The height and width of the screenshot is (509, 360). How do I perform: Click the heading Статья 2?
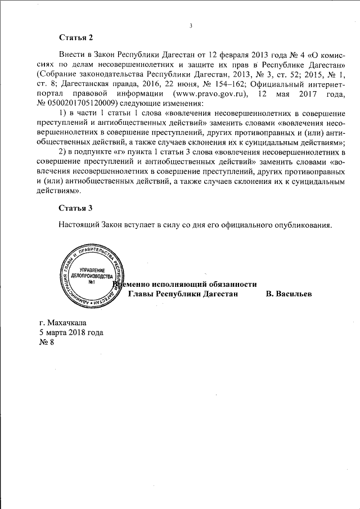[x=75, y=38]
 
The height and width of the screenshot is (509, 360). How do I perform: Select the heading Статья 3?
[x=75, y=208]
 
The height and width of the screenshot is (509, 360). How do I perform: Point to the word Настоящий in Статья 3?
[x=79, y=224]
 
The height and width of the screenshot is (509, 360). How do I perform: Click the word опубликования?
[x=301, y=224]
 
